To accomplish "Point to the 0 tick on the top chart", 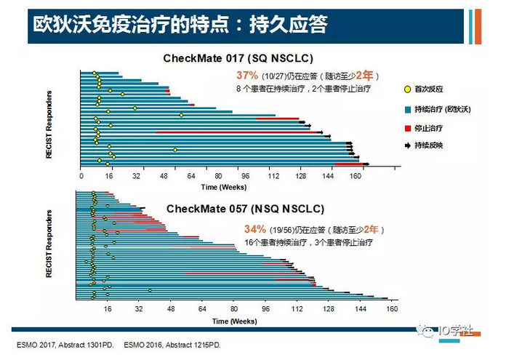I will [81, 176].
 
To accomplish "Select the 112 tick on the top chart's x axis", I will [274, 176].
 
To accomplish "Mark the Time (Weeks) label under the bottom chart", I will [234, 321].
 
